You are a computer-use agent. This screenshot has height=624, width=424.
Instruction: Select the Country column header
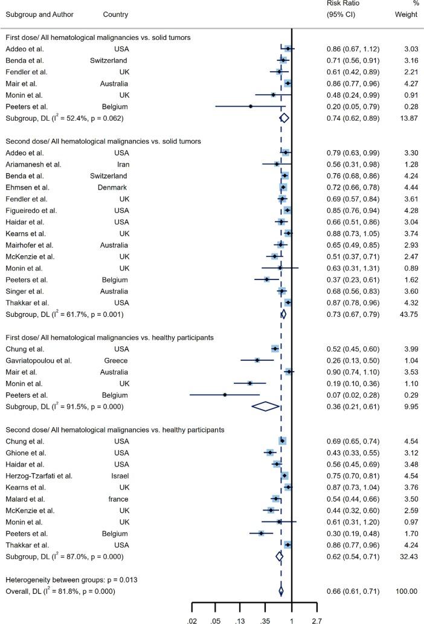point(115,14)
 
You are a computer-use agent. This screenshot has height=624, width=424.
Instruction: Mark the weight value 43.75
point(408,314)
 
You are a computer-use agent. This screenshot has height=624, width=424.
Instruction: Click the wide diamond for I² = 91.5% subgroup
point(266,406)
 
